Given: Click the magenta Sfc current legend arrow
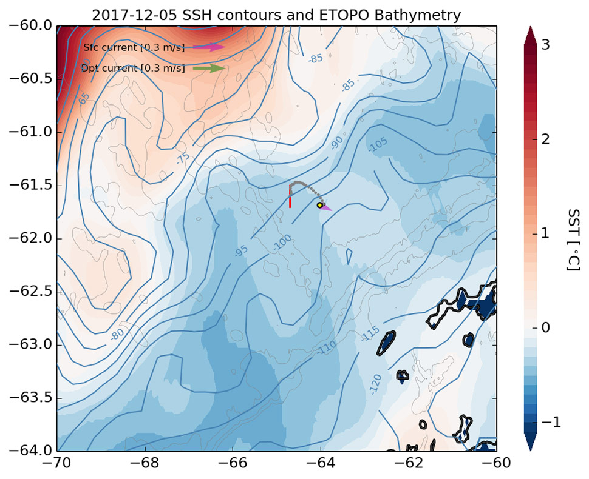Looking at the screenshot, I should (209, 47).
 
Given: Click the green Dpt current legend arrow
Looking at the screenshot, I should (209, 69).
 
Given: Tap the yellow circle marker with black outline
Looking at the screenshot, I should (320, 205).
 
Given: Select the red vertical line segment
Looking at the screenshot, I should (290, 198).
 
